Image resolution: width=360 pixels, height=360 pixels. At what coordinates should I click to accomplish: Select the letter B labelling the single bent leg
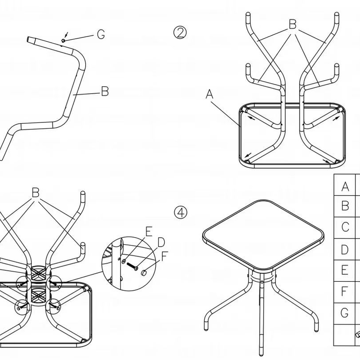(x=104, y=91)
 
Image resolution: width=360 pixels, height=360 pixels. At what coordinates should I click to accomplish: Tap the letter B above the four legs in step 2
(x=292, y=25)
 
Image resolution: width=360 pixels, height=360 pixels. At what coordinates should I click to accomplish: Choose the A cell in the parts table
(x=345, y=186)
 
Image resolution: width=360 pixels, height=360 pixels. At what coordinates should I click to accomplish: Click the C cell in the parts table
(x=345, y=227)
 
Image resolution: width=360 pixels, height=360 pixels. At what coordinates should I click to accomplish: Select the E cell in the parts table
(x=345, y=270)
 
